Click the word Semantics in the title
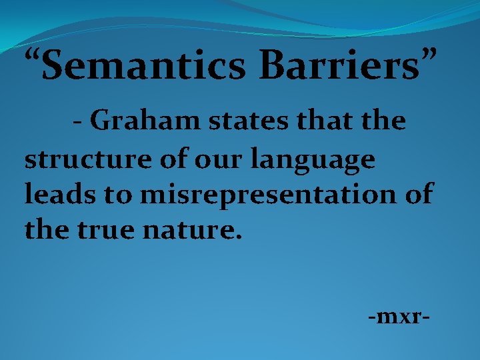142,67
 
